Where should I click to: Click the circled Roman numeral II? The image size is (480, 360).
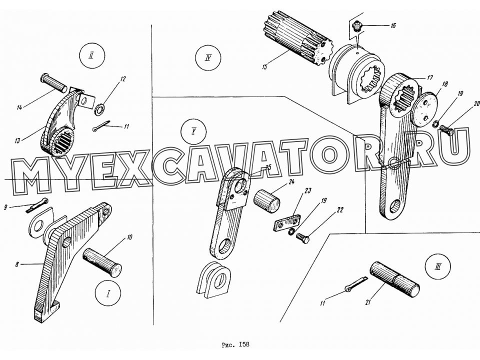point(91,56)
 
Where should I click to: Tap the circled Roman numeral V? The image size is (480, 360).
point(193,132)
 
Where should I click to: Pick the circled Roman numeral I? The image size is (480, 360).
point(108,293)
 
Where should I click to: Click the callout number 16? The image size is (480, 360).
point(393,25)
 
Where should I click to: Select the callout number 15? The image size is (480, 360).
point(265,66)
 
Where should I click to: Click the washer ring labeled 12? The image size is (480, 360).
point(99,109)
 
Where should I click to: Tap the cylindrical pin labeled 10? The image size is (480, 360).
point(102,262)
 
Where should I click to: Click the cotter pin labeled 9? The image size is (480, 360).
point(37,204)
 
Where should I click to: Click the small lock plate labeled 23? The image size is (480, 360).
point(286,223)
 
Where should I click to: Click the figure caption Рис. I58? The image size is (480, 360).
point(235,344)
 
